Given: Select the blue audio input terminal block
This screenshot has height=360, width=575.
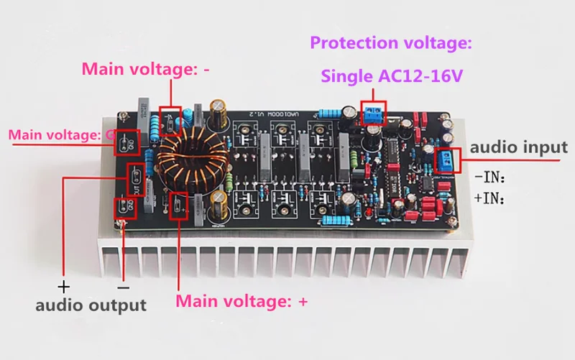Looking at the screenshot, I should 446,159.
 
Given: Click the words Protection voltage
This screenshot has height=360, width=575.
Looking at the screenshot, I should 391,43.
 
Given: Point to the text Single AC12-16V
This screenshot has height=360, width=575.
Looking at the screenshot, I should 392,75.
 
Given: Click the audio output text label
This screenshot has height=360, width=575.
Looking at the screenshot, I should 91,305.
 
